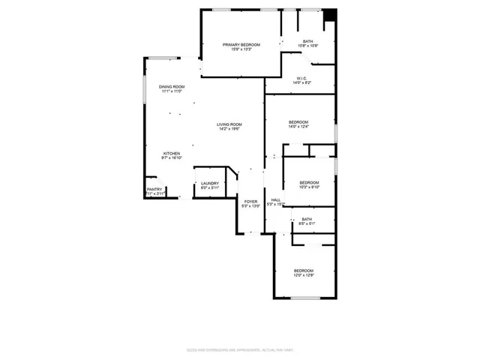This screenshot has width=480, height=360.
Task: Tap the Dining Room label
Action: (x=171, y=87)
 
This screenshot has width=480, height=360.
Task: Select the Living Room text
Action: (x=229, y=124)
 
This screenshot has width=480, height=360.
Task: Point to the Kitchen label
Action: (x=172, y=154)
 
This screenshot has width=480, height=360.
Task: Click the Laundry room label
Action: (x=209, y=183)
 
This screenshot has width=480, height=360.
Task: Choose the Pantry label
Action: (x=154, y=190)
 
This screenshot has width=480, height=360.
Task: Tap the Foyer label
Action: (x=251, y=201)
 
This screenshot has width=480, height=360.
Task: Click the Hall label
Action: (x=276, y=200)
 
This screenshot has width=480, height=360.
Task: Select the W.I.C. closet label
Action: (x=301, y=78)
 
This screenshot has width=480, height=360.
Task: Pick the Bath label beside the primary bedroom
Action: (x=308, y=41)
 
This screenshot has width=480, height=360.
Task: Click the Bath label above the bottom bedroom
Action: (x=307, y=219)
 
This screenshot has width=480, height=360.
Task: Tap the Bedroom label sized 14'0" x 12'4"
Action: (x=298, y=122)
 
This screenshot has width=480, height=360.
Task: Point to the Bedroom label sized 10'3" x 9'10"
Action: (x=309, y=183)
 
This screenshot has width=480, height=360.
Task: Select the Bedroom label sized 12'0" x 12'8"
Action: (x=303, y=271)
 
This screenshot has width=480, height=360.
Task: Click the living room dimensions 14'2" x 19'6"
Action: (x=229, y=129)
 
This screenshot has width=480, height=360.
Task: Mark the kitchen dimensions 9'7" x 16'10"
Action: (x=172, y=158)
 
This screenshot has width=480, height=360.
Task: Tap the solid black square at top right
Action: (x=328, y=15)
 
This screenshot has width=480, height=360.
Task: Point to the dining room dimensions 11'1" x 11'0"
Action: (x=171, y=91)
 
